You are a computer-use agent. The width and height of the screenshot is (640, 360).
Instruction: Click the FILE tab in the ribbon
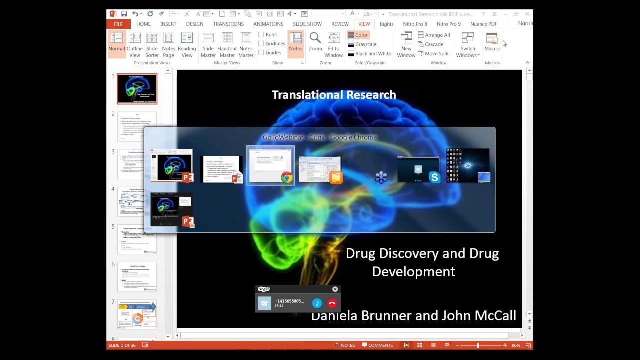[x=118, y=24]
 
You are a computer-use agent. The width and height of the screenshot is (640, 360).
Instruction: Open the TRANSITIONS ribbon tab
[x=228, y=24]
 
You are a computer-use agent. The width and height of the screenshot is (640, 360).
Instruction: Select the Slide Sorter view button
[x=152, y=45]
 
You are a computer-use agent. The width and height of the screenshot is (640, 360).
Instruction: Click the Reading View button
[x=187, y=45]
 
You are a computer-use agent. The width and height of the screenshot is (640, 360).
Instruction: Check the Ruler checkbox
[x=261, y=35]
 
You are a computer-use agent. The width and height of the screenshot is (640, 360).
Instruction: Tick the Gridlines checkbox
[x=261, y=44]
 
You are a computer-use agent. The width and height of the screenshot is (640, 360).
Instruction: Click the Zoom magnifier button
[x=315, y=42]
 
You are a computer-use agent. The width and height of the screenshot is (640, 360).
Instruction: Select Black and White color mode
[x=369, y=54]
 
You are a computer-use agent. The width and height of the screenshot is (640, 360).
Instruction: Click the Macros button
[x=492, y=42]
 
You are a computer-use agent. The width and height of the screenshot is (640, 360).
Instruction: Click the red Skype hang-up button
[x=332, y=303]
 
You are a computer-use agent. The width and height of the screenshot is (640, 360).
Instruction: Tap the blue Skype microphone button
[x=317, y=303]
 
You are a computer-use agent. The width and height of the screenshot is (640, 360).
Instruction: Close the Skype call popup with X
[x=335, y=289]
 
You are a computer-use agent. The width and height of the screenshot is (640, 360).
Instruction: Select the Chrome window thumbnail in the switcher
[x=270, y=166]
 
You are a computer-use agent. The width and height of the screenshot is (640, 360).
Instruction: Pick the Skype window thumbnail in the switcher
[x=418, y=169]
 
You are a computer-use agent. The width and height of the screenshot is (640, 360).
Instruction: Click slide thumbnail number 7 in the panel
[x=137, y=314]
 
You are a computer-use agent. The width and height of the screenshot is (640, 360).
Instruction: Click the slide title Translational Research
[x=334, y=95]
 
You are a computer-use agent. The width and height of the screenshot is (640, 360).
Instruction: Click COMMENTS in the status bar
[x=377, y=345]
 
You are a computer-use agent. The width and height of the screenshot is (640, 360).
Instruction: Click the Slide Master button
[x=208, y=45]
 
